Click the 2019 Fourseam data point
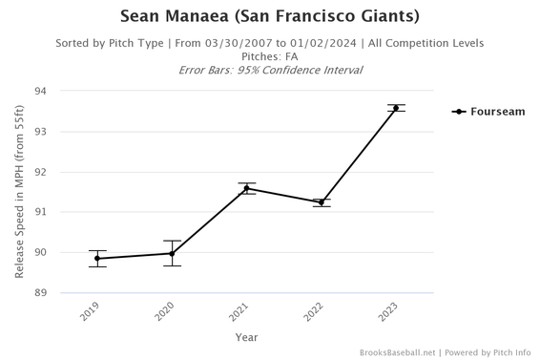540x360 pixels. click(97, 259)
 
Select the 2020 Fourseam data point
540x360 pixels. click(172, 254)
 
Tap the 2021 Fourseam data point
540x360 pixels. click(246, 188)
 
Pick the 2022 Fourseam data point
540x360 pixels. click(322, 202)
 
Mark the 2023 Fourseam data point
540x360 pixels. click(396, 108)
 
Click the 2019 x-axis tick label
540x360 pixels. click(93, 311)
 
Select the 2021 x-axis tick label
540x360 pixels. click(241, 311)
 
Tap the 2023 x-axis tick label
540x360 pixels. click(391, 311)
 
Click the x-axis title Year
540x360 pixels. click(246, 337)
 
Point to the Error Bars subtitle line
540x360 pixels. click(270, 70)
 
